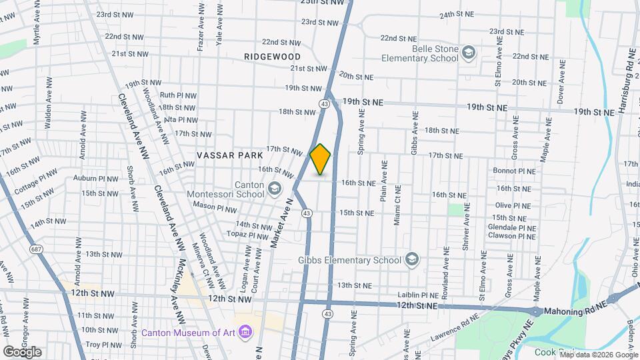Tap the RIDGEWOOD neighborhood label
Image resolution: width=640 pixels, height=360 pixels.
click(272, 57)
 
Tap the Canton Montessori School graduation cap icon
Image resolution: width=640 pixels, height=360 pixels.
click(274, 190)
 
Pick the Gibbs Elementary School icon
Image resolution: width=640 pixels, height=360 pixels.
click(412, 259)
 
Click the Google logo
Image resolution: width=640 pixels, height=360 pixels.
click(22, 351)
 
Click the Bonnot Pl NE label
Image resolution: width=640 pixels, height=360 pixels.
click(515, 171)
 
